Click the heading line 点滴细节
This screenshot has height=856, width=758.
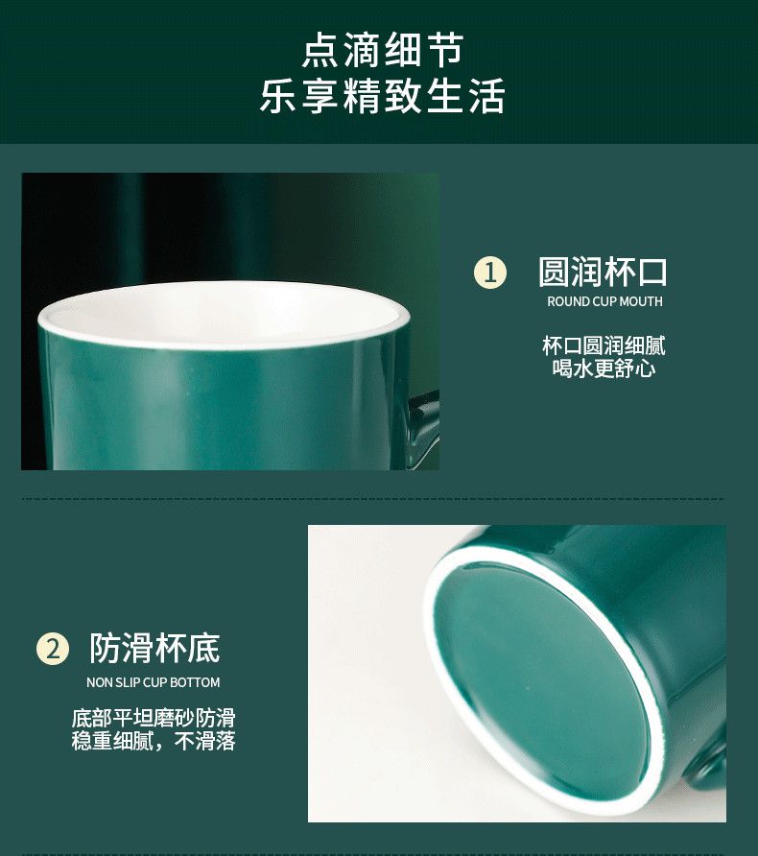[x=383, y=50]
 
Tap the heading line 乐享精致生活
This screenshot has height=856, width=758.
[x=382, y=96]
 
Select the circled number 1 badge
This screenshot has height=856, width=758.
[x=490, y=272]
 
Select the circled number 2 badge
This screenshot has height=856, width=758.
[x=53, y=649]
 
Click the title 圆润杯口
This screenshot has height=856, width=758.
[x=603, y=272]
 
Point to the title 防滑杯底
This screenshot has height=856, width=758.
[x=155, y=648]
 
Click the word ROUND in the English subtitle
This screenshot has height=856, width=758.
[x=566, y=301]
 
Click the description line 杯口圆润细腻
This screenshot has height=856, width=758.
[x=604, y=346]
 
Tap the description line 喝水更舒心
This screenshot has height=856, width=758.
[x=604, y=369]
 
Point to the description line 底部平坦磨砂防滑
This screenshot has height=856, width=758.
[x=154, y=719]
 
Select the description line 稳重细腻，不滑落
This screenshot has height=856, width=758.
[x=154, y=741]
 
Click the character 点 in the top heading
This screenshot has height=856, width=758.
[x=320, y=50]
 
